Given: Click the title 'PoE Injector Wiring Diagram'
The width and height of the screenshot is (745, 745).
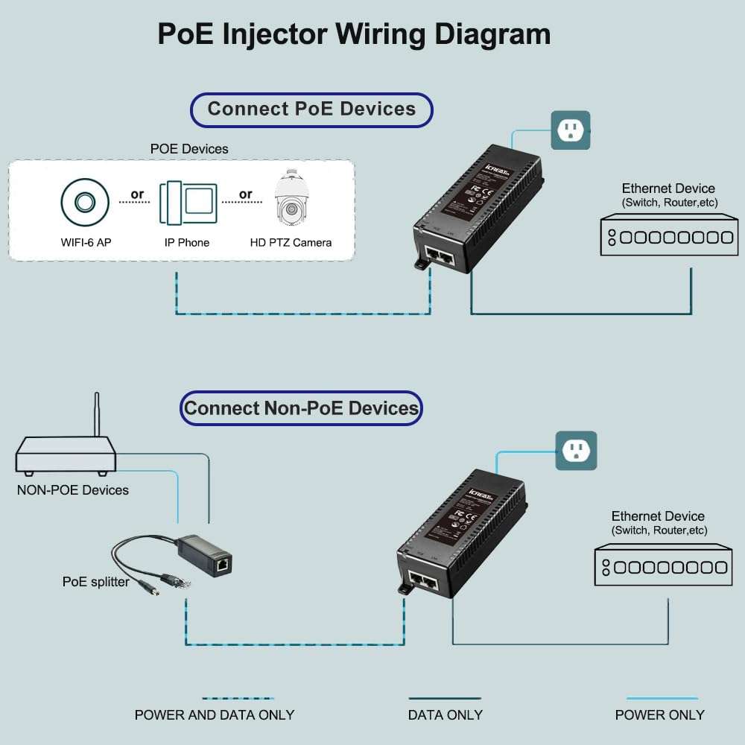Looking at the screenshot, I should [354, 34].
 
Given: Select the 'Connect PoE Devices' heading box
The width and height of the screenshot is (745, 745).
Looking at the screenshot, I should [311, 110].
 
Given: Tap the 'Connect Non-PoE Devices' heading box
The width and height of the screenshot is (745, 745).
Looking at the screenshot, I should [302, 408].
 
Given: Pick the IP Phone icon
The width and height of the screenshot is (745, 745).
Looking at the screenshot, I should [188, 202].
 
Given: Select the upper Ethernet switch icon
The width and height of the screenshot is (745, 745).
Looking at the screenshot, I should [669, 236].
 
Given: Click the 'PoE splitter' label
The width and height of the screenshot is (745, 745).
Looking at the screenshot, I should [95, 582].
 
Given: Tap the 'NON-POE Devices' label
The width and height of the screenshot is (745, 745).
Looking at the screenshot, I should [72, 490].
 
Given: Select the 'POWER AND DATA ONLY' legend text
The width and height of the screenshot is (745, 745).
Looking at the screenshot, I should [215, 715].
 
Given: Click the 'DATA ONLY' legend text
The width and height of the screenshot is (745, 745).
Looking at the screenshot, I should [445, 715].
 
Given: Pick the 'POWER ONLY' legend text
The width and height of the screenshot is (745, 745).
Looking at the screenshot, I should [659, 715].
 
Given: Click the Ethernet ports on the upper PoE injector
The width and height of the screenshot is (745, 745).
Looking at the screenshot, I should [438, 257].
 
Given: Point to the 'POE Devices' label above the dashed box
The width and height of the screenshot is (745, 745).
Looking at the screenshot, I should [189, 149].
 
